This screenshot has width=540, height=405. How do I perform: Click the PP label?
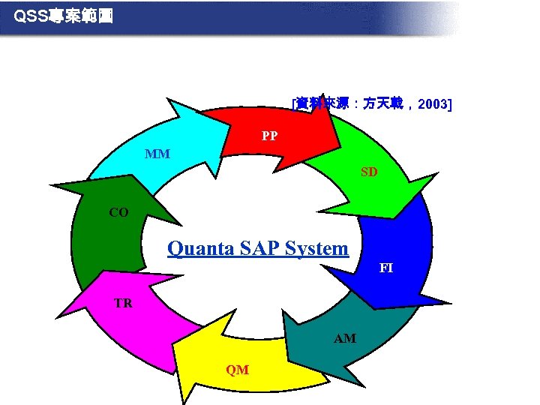coord(269,136)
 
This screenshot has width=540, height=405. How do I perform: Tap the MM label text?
coord(157,154)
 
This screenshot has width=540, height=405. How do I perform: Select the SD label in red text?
coord(369,172)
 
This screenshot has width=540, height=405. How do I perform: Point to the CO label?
coord(118,212)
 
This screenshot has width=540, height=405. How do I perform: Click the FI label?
coord(386,268)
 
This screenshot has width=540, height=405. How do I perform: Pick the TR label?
coord(123,304)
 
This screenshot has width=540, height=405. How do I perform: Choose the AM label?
coord(345,339)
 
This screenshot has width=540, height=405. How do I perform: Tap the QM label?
coord(238,370)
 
